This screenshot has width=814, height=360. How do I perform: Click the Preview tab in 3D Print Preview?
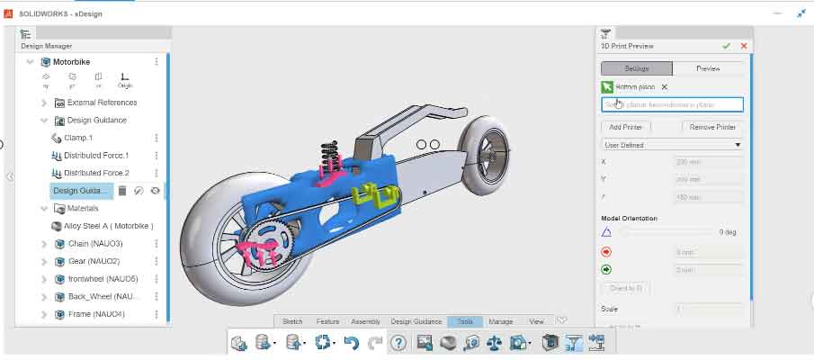point(709,68)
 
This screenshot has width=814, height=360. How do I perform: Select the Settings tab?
point(637,68)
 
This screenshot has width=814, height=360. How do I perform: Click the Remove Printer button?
point(712,127)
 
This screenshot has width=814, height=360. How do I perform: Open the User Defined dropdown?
point(672,145)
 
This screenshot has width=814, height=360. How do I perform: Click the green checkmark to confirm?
point(726,46)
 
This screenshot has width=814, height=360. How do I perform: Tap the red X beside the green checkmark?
point(744,46)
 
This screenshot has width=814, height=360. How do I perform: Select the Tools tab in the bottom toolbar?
point(465,321)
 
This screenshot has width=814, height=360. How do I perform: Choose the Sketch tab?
point(292,321)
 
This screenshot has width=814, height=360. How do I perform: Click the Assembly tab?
point(365,321)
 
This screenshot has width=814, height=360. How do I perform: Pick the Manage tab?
point(501,321)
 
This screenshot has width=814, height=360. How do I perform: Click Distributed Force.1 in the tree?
point(96,156)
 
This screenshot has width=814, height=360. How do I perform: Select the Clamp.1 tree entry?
point(77,138)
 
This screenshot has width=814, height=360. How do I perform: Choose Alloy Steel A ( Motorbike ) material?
point(108,226)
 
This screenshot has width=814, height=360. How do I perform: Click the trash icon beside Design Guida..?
point(122,191)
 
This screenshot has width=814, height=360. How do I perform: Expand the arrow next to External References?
point(44,103)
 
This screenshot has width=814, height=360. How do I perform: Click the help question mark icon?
point(398,343)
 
